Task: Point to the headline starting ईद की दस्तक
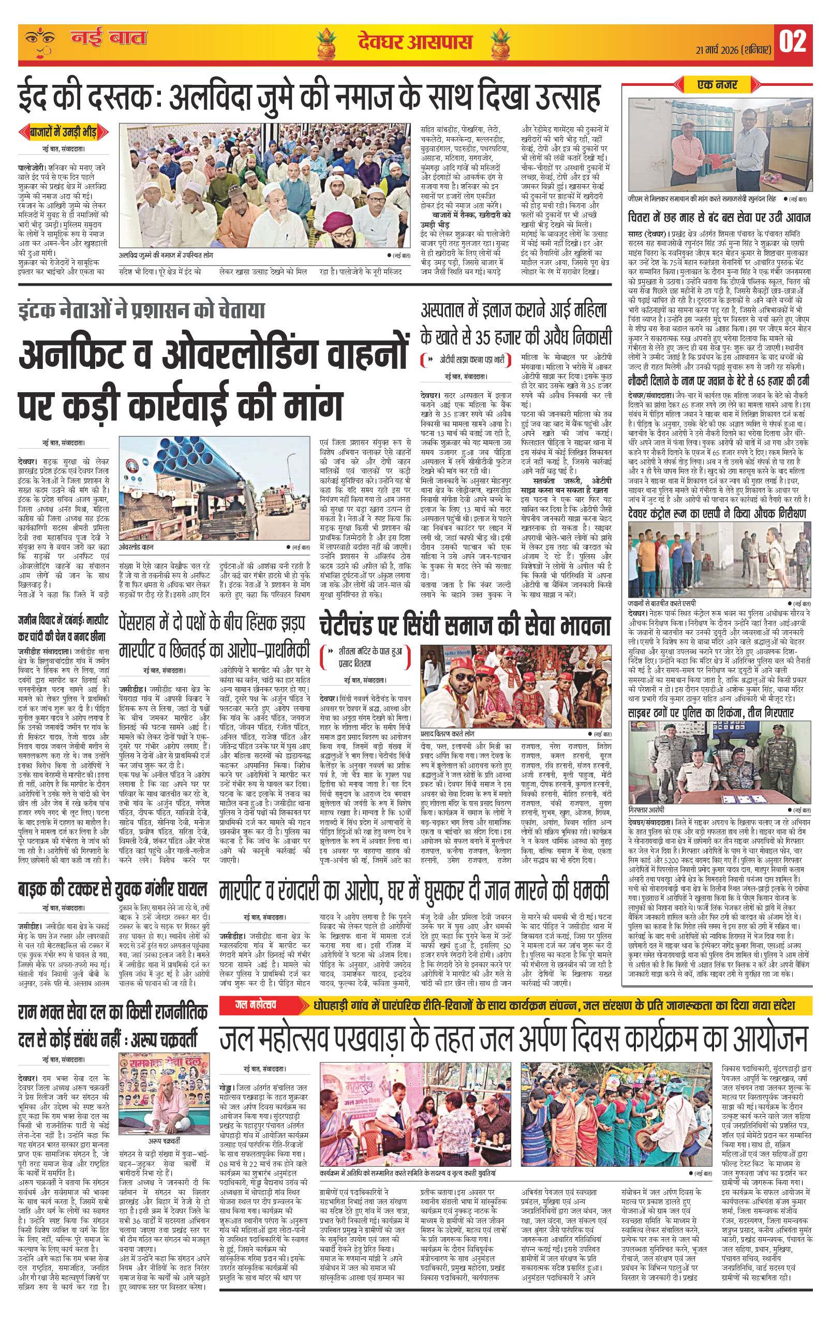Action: (309, 99)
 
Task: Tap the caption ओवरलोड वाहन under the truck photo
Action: (137, 547)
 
